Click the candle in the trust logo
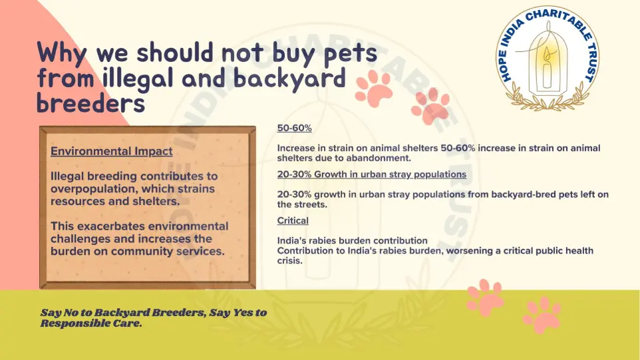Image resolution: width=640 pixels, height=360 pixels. pos(547,69)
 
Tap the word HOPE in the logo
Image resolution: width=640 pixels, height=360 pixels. pos(506,65)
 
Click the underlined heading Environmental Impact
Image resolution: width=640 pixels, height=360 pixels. pos(111,152)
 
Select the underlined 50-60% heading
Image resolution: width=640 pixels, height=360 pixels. pos(294,128)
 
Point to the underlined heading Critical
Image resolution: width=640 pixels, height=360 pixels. pos(293,221)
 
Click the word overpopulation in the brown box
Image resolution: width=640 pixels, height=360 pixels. pos(94,190)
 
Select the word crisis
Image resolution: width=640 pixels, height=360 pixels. pos(290,260)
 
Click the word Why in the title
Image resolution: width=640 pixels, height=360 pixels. pos(62,53)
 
